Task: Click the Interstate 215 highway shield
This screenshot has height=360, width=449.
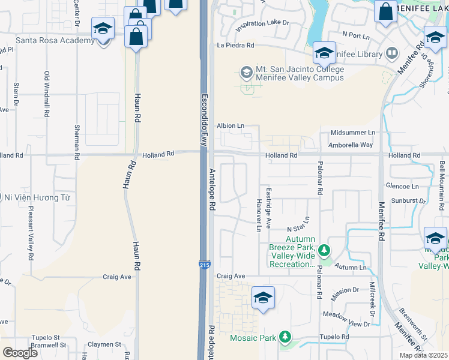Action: (x=205, y=264)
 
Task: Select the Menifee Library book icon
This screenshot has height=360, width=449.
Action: (x=391, y=54)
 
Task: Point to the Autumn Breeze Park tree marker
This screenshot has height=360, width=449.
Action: (x=324, y=249)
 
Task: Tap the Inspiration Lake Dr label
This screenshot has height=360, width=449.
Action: (x=262, y=26)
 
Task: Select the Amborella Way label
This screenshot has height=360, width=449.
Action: (x=351, y=145)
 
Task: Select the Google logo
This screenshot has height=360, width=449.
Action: (x=20, y=352)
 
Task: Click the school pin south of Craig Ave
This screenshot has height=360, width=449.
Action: (x=263, y=298)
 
